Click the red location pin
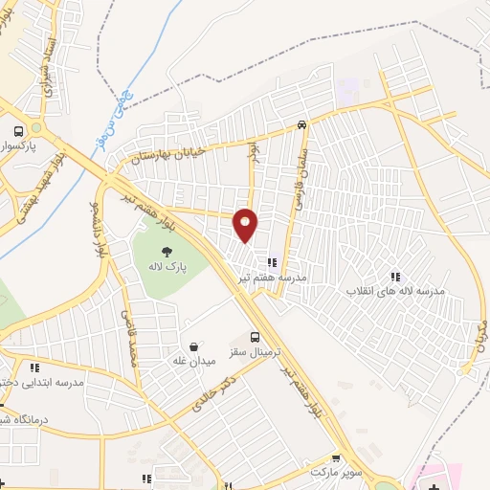(x=246, y=225)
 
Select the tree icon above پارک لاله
(x=167, y=253)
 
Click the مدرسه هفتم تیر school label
(x=273, y=277)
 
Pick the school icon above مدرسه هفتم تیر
(x=273, y=261)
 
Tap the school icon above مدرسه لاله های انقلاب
(x=395, y=277)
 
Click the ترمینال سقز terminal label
(x=252, y=352)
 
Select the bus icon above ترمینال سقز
(x=254, y=337)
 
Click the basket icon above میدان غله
(x=195, y=345)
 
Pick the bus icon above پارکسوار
(x=17, y=132)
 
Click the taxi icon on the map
(x=301, y=123)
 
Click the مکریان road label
(x=479, y=331)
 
